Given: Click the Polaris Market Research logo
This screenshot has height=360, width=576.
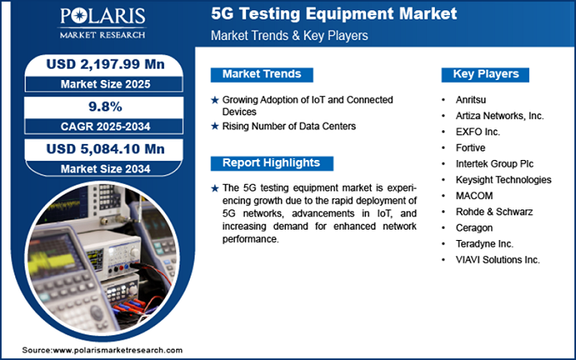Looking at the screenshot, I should pos(101,23).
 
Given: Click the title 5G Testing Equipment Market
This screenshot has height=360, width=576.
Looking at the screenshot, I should pos(333,14).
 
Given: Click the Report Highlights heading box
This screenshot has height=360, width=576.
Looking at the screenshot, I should pos(271,163).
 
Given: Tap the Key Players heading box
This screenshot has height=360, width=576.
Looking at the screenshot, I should pos(487,74).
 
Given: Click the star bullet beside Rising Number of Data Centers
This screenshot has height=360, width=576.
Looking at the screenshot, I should pos(214,127).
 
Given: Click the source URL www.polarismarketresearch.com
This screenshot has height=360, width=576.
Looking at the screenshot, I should pos(117,350).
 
